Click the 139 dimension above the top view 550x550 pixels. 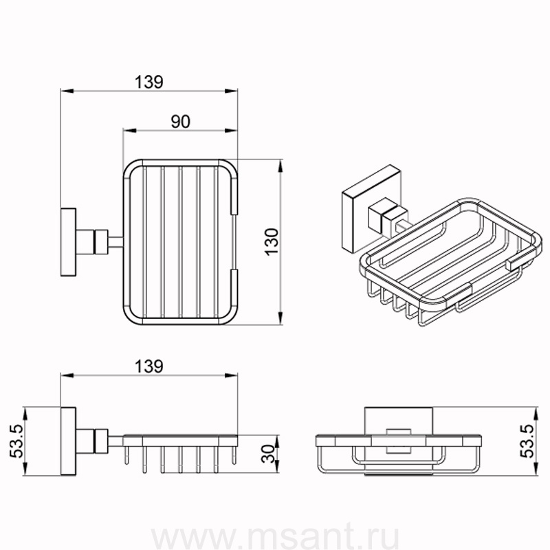click(x=149, y=82)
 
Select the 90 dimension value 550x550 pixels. click(x=181, y=122)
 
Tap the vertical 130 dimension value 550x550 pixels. click(x=272, y=242)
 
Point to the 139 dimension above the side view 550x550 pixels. click(x=149, y=366)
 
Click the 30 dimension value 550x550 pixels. click(x=268, y=454)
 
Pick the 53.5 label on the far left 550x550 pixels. click(x=16, y=441)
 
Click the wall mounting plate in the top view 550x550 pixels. click(x=68, y=242)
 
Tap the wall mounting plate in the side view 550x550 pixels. click(x=68, y=441)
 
